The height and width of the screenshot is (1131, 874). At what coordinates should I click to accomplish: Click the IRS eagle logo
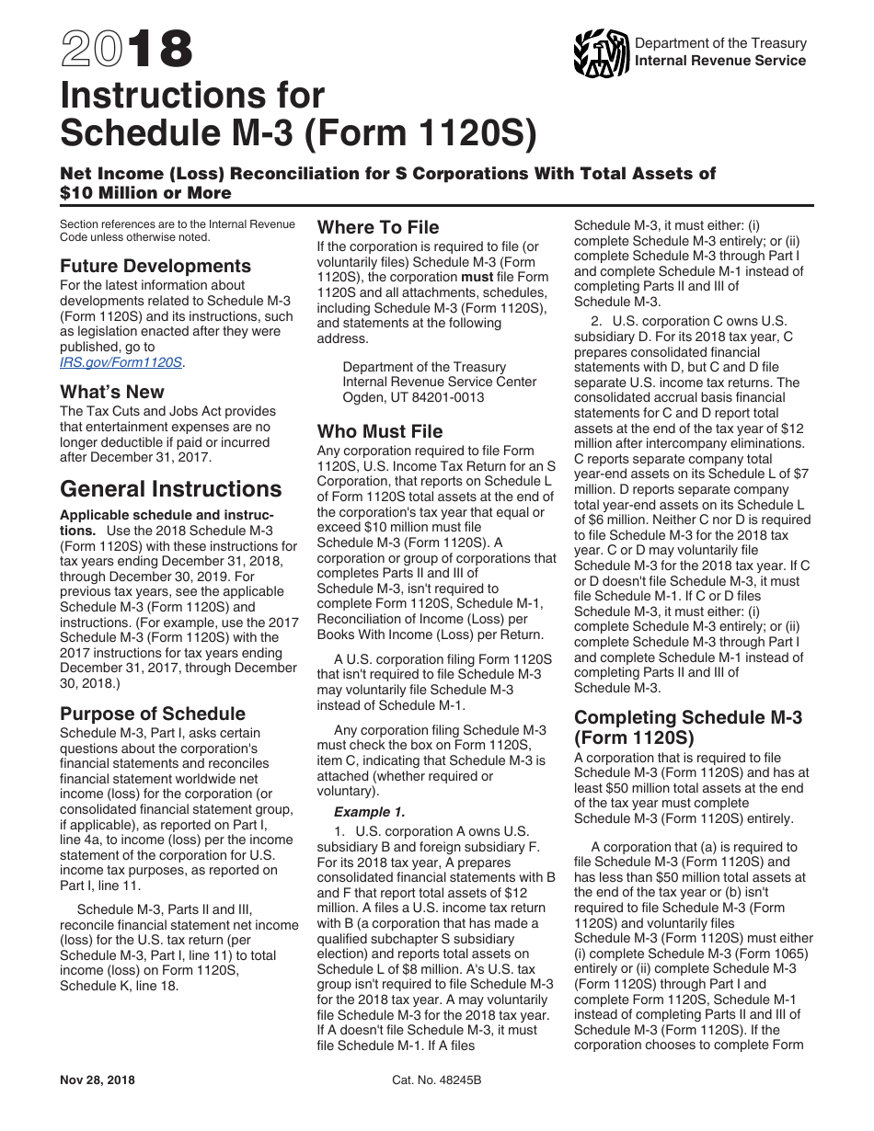(601, 52)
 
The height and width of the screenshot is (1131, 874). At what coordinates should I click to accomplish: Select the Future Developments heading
(155, 266)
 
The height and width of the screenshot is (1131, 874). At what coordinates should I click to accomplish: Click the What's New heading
(112, 391)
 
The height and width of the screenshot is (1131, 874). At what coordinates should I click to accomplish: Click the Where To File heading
(378, 227)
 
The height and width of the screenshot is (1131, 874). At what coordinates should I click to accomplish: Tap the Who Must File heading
(380, 431)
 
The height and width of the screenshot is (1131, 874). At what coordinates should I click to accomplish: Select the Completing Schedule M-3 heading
(688, 726)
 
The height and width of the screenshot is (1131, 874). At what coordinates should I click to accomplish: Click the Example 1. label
(369, 812)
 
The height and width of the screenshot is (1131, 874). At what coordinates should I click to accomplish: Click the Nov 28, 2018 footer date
(98, 1080)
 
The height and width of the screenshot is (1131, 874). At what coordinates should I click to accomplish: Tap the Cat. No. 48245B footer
(436, 1080)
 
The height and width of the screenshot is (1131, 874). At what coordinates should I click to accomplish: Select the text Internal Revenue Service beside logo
(720, 61)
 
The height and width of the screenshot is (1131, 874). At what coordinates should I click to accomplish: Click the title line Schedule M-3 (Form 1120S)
(298, 133)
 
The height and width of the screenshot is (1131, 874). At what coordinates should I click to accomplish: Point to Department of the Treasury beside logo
(720, 43)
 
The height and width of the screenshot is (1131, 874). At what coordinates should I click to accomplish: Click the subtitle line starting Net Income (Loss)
(387, 174)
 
